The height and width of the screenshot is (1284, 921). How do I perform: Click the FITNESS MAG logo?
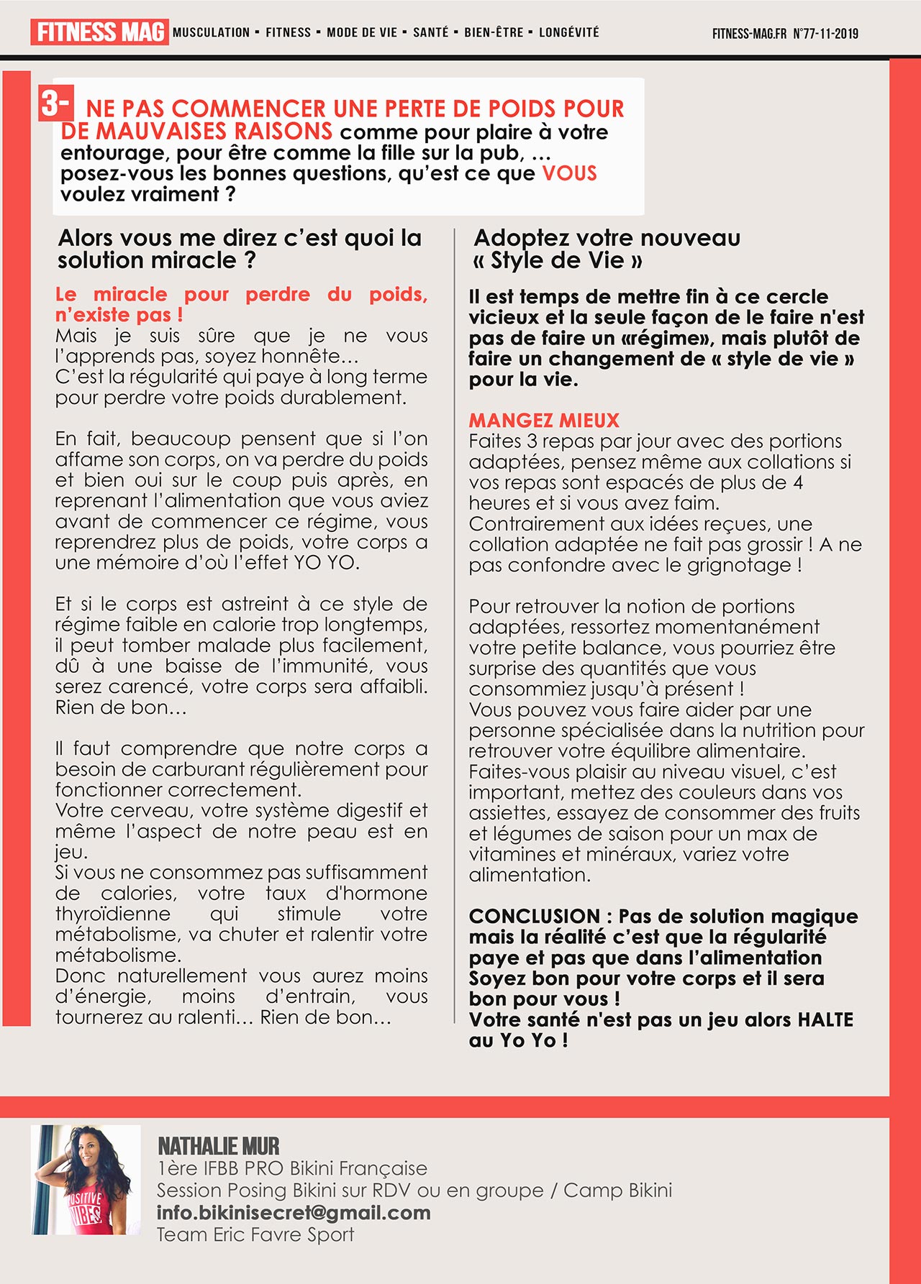pos(99,32)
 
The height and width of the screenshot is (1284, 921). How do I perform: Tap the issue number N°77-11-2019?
pos(825,34)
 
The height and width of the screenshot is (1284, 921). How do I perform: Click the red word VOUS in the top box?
pos(569,173)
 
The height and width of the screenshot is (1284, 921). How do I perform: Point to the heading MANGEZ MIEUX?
pos(543,420)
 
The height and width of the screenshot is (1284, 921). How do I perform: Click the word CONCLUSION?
pos(534,916)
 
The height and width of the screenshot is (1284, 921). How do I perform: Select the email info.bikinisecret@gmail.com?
pos(294,1212)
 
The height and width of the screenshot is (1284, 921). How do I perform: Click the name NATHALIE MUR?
pos(219,1146)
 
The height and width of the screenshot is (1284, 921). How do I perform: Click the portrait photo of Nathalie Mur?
pos(86,1180)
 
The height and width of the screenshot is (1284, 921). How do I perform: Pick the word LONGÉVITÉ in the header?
pos(568,32)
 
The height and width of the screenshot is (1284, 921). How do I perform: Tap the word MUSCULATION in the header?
pos(211,32)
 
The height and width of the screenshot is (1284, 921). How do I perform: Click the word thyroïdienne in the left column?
pos(113,914)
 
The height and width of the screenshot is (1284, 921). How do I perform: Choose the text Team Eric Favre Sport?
pos(255,1234)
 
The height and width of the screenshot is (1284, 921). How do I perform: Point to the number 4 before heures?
pos(797,482)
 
